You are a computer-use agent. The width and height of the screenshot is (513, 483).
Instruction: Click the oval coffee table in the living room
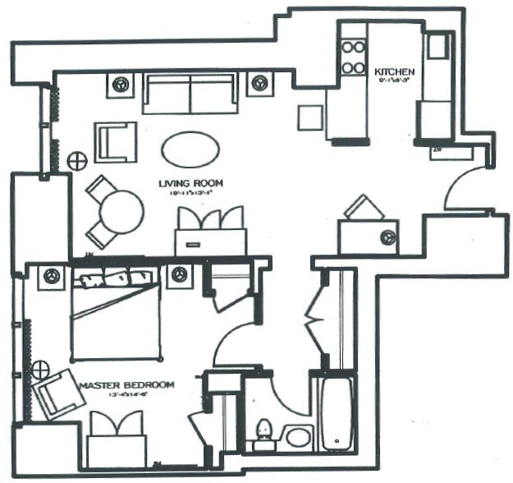190,149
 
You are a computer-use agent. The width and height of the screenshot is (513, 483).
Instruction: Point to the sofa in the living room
190,92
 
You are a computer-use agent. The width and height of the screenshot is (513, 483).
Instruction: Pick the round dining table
121,212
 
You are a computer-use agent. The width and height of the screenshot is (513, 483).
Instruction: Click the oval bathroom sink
297,436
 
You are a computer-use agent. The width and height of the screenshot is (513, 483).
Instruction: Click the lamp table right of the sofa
260,82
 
